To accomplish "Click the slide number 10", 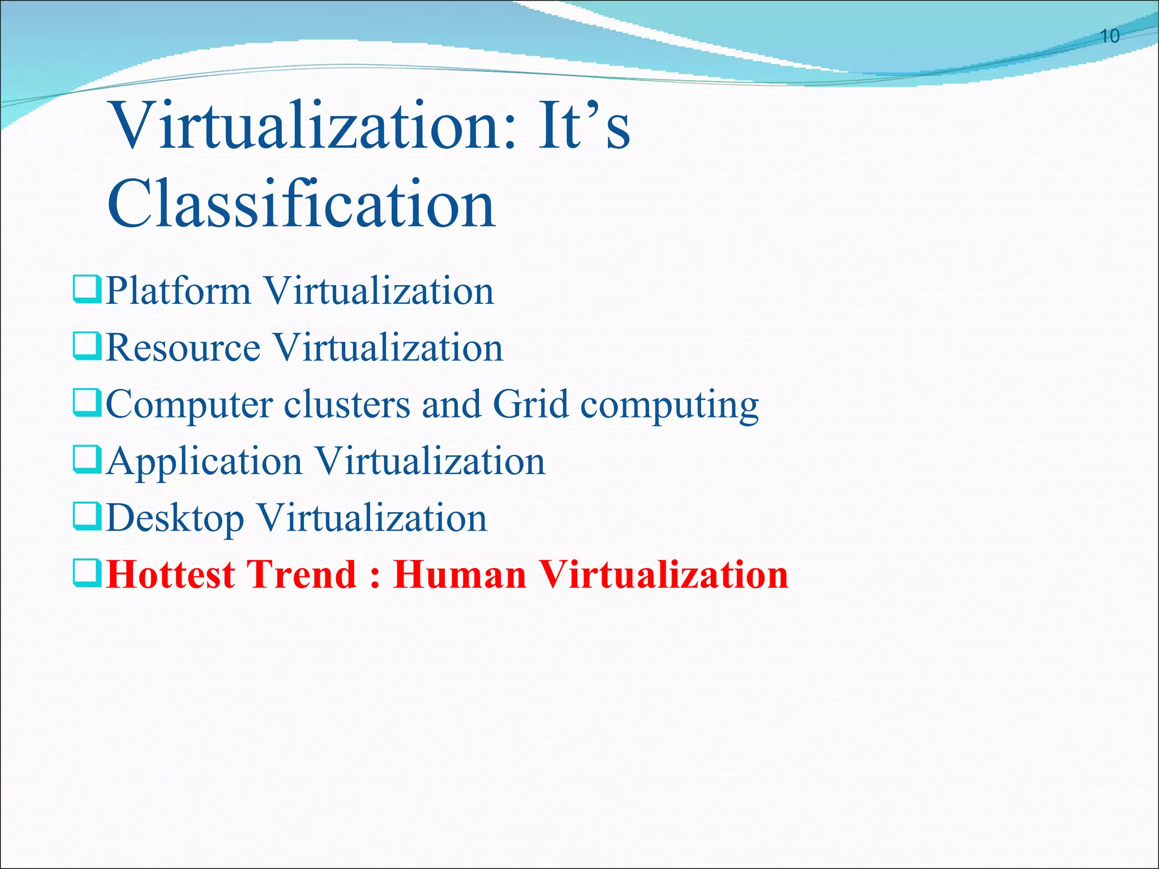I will coord(1110,36).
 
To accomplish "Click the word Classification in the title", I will coord(302,204).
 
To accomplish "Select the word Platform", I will coord(178,291).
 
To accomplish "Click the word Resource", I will coord(183,347).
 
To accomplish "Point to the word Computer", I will coord(189,405).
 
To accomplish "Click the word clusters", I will coord(347,404).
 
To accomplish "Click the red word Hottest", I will coord(170,574).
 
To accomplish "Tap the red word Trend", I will coord(301,574).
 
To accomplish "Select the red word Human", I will coord(460,574).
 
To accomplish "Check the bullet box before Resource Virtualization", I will coord(87,346).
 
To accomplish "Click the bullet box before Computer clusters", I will coord(87,403).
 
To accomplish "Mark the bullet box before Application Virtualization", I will coord(87,460).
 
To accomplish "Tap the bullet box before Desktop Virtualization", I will coord(87,517).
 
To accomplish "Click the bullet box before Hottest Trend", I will coord(87,573).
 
